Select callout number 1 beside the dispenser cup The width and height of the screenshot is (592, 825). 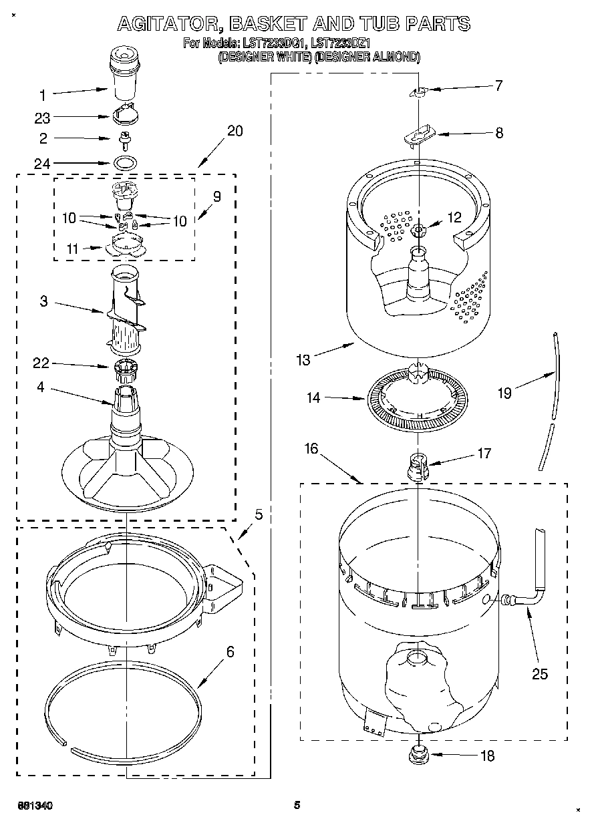(x=42, y=94)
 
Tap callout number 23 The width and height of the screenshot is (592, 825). (x=42, y=118)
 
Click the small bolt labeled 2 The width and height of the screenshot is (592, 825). (x=124, y=139)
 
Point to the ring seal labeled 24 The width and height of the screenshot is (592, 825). (x=124, y=162)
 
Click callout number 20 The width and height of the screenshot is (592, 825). (x=235, y=130)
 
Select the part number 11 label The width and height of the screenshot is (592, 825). (x=71, y=249)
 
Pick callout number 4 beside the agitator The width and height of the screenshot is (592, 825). (x=41, y=387)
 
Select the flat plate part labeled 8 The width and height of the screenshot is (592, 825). (x=418, y=136)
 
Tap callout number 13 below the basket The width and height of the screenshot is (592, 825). (x=303, y=360)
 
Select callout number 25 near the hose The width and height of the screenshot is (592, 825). (x=539, y=673)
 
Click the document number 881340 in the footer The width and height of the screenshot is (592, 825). (x=34, y=806)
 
